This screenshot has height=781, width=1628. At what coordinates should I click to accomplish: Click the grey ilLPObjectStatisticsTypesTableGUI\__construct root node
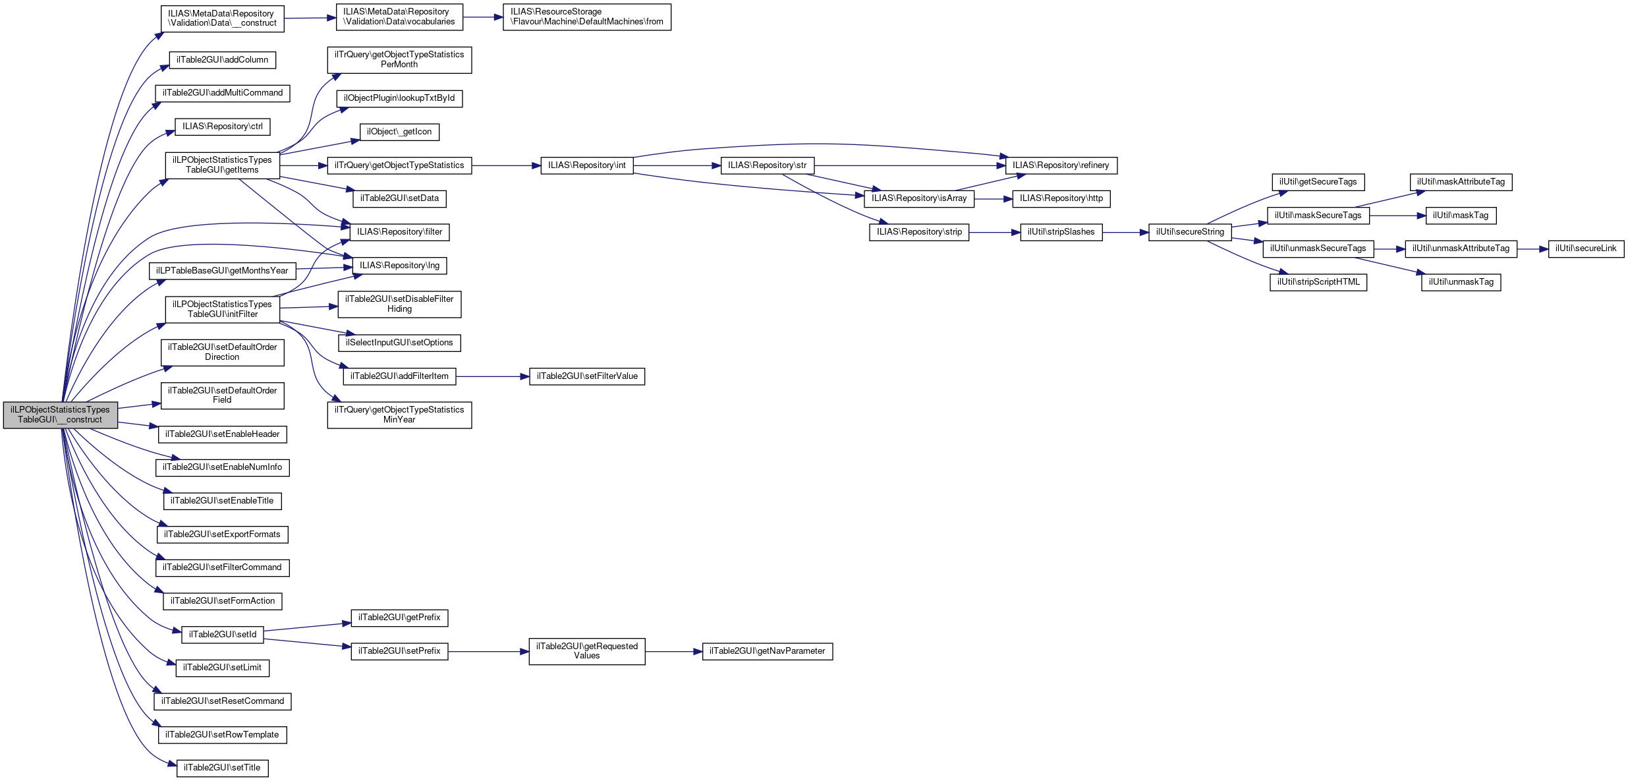click(x=61, y=415)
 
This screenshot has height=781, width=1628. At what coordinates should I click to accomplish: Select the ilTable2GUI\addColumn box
click(x=222, y=60)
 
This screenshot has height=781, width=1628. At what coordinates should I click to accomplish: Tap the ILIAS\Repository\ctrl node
click(x=222, y=127)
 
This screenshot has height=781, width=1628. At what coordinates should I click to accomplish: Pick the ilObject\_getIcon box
click(x=399, y=132)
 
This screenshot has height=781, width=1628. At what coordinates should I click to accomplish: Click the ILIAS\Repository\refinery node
click(x=1061, y=165)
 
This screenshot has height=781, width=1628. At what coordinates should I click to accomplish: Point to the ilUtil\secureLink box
click(x=1586, y=248)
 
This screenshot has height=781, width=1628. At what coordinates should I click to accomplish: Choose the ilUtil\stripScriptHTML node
click(x=1318, y=282)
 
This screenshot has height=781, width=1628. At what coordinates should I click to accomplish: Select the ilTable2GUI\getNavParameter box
click(x=767, y=651)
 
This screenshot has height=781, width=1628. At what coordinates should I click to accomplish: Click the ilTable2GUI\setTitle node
click(x=222, y=768)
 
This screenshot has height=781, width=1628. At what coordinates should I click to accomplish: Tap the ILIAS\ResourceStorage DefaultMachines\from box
click(x=586, y=17)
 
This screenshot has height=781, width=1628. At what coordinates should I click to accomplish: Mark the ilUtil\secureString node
click(x=1190, y=232)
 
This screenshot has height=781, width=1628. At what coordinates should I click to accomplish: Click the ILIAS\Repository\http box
click(x=1061, y=198)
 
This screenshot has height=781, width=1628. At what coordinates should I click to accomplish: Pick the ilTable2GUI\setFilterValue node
click(x=586, y=376)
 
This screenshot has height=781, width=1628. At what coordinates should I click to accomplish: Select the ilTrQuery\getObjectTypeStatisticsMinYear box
click(x=399, y=415)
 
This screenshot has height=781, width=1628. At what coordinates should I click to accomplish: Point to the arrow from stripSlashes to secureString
click(x=1125, y=232)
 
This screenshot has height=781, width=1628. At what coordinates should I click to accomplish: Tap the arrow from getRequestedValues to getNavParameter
click(x=673, y=651)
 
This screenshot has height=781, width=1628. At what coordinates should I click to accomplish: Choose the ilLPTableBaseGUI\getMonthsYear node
click(x=222, y=271)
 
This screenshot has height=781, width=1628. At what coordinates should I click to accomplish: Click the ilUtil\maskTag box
click(x=1461, y=216)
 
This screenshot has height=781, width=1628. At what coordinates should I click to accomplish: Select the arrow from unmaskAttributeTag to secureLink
click(x=1532, y=248)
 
